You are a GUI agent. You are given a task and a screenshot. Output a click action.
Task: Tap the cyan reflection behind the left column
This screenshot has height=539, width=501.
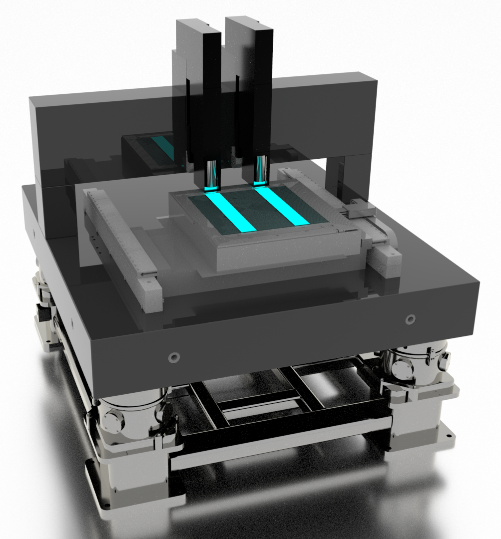[x=163, y=147]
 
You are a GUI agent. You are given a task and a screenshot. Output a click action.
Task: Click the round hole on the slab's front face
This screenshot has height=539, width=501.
[x=174, y=357]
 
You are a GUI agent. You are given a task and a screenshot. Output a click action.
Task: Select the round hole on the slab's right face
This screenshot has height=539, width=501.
[x=410, y=318]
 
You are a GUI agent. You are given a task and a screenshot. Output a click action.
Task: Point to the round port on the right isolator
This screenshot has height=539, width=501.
[x=403, y=369]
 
